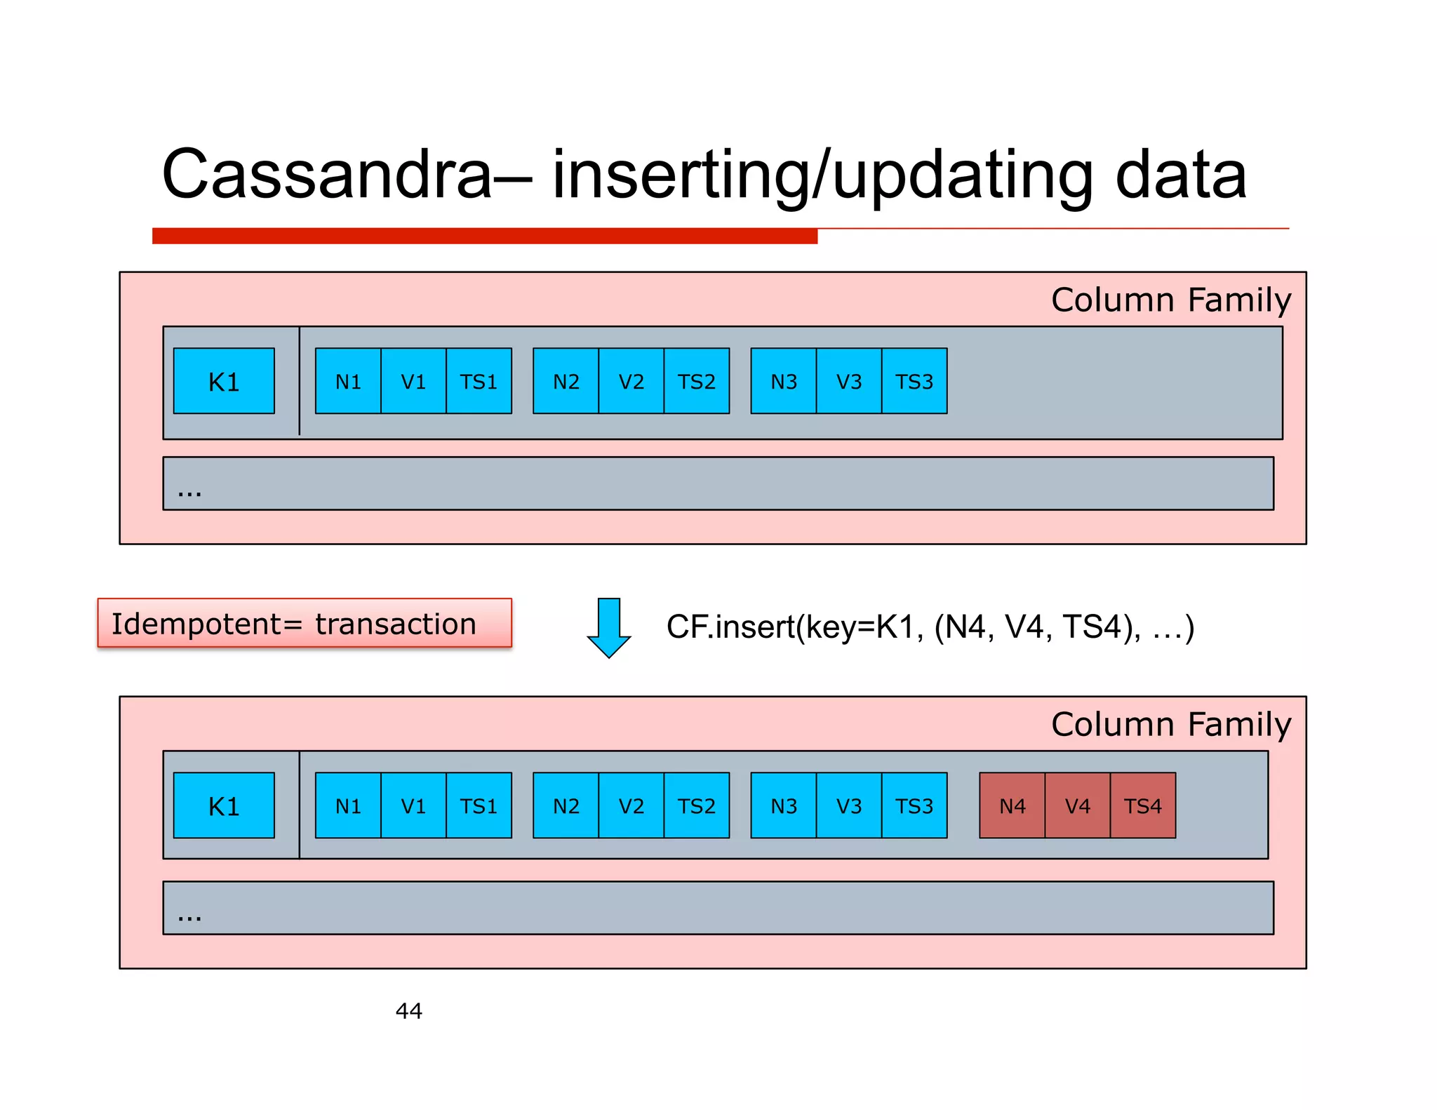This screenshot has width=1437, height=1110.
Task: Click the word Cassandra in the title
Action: pos(327,175)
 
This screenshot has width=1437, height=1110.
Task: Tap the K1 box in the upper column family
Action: pos(224,381)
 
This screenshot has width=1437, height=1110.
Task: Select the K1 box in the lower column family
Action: pos(224,805)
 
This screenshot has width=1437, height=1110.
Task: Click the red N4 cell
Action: pos(1012,805)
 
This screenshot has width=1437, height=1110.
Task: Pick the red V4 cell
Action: pos(1077,805)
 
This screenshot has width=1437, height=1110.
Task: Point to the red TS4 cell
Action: pos(1142,805)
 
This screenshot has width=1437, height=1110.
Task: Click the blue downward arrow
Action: pos(608,627)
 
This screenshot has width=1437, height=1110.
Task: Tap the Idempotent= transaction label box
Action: pos(304,623)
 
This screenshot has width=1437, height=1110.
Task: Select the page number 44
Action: pos(408,1010)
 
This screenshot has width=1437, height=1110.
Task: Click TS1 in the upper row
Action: pos(479,381)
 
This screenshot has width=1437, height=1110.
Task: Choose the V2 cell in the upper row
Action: pos(631,381)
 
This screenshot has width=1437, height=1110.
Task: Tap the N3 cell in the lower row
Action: pos(783,805)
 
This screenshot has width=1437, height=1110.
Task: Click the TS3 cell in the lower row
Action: pos(914,805)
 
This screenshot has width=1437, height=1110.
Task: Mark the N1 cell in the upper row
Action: pos(348,381)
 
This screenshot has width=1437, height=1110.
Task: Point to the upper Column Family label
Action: pos(1170,300)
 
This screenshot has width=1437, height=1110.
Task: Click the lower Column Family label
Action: pos(1170,725)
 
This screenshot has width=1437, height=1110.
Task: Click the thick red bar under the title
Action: pos(484,236)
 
